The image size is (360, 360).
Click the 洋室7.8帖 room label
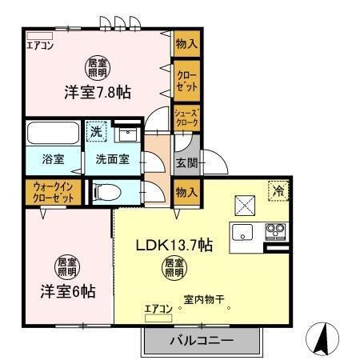pos(98,92)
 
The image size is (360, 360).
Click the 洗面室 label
pos(112,158)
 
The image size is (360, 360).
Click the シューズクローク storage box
pos(186,118)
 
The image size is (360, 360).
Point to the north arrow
pos(322,337)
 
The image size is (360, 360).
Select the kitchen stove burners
pos(277,232)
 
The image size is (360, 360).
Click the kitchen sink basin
pos(242,233)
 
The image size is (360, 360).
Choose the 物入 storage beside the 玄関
pos(186,193)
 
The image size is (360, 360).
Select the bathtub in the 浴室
pos(51,131)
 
